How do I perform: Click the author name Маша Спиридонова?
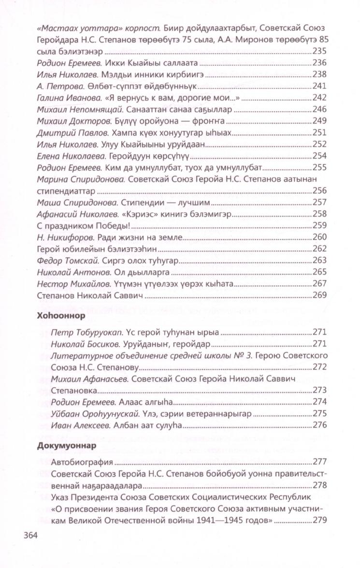point(68,202)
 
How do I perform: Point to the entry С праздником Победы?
point(77,225)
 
